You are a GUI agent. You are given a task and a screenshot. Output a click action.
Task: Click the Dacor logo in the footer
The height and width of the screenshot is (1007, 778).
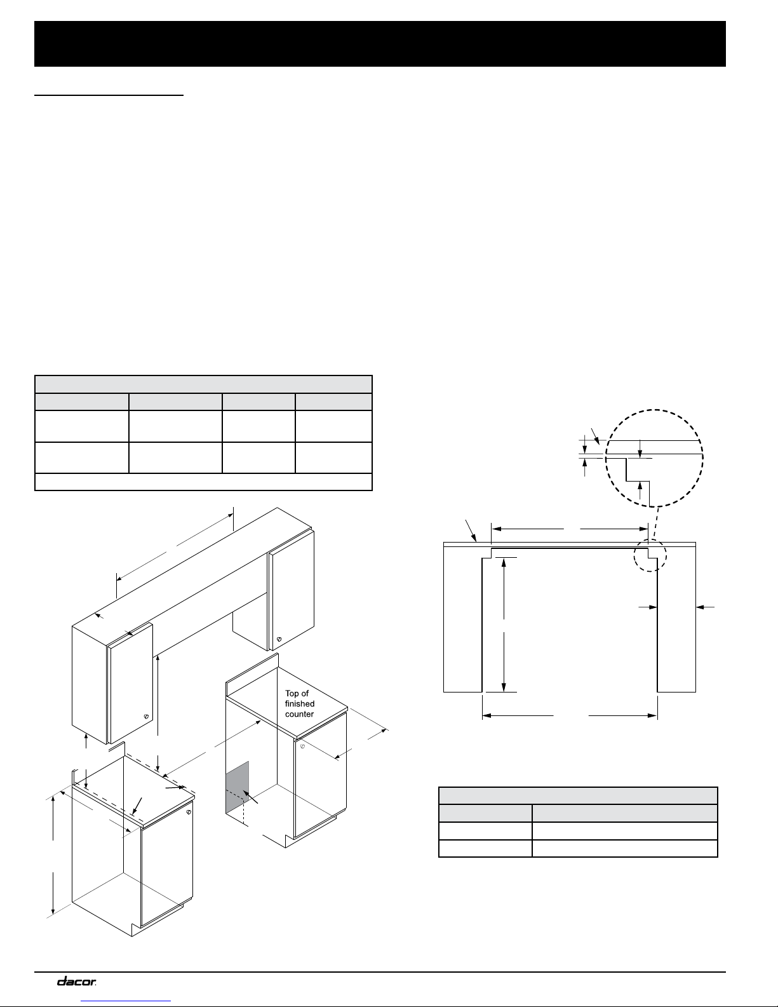pyautogui.click(x=76, y=981)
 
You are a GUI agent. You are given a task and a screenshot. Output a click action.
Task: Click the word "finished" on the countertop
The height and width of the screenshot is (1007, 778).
pyautogui.click(x=300, y=703)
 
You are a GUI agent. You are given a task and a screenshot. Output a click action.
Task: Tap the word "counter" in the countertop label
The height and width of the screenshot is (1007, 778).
pyautogui.click(x=299, y=714)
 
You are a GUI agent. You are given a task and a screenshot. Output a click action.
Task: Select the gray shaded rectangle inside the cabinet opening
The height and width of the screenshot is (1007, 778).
pyautogui.click(x=237, y=787)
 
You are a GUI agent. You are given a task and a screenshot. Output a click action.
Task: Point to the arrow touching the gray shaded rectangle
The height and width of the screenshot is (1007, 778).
pyautogui.click(x=250, y=797)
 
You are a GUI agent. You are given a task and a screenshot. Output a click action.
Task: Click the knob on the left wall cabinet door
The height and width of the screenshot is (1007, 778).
pyautogui.click(x=146, y=717)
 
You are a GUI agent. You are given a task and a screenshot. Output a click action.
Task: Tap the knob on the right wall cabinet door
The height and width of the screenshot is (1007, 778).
pyautogui.click(x=279, y=640)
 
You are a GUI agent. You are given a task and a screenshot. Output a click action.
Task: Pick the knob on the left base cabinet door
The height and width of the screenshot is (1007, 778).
pyautogui.click(x=189, y=812)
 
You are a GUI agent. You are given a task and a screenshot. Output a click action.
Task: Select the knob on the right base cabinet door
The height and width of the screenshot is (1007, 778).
pyautogui.click(x=302, y=747)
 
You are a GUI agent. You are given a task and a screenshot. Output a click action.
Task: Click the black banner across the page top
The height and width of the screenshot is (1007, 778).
pyautogui.click(x=380, y=44)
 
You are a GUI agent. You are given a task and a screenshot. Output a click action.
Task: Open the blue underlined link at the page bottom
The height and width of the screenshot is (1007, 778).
pyautogui.click(x=126, y=1001)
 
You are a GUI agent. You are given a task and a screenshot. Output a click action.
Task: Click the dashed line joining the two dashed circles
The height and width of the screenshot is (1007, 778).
pyautogui.click(x=657, y=523)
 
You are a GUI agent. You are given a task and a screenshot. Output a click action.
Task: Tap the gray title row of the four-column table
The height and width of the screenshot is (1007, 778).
pyautogui.click(x=203, y=384)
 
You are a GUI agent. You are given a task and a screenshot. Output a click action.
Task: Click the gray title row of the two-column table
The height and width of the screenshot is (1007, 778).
pyautogui.click(x=578, y=795)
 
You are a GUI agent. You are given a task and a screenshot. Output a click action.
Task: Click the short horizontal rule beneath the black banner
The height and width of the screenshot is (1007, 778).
pyautogui.click(x=109, y=95)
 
